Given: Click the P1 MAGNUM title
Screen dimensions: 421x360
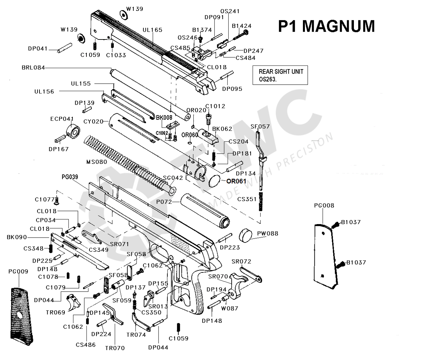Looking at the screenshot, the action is tap(326, 26).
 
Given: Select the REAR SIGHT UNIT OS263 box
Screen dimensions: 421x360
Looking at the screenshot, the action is tap(280, 75).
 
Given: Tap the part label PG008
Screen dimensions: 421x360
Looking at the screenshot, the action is tap(324, 205).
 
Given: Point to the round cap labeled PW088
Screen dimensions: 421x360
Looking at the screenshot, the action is tap(246, 235).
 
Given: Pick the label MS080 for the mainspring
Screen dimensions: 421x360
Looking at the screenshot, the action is tap(97, 162).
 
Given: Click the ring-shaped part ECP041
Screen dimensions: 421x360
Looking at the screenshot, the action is tap(73, 131).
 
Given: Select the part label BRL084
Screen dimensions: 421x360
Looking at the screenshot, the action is tap(33, 68).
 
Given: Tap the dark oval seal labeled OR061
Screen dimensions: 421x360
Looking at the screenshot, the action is tap(214, 181).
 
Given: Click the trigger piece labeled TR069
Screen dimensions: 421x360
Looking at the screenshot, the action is tap(73, 302).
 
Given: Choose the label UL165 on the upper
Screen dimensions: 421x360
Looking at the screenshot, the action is tap(152, 30).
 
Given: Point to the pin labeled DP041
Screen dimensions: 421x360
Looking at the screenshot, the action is tap(64, 48).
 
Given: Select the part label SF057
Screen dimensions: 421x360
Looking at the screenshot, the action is tap(260, 126).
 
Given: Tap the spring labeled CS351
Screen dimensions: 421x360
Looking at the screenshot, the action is tap(260, 201).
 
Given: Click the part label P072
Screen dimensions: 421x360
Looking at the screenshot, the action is tap(164, 202).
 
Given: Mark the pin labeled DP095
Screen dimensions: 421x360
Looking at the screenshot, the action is tap(227, 76).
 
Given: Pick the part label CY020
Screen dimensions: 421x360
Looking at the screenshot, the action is tap(93, 122).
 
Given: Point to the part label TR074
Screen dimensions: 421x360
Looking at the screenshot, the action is tap(136, 335).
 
